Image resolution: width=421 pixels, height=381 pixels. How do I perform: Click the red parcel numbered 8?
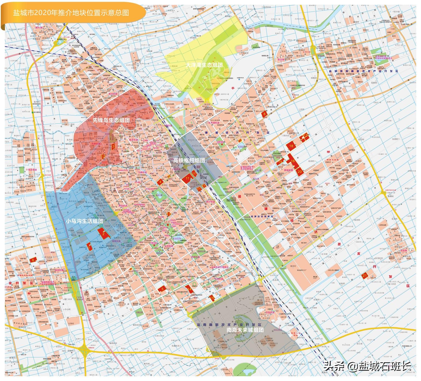click(264, 114)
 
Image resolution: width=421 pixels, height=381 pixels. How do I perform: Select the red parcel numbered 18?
click(291, 146)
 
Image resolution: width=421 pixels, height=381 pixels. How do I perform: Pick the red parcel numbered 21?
click(365, 276)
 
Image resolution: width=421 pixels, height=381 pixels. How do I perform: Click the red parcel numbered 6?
click(33, 260)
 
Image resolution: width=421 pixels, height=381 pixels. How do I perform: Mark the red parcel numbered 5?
click(162, 289)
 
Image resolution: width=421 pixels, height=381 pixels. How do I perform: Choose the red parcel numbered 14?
click(190, 289)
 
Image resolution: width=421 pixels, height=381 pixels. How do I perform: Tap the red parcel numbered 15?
click(212, 298)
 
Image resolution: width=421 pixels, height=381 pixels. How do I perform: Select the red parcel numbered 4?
click(160, 182)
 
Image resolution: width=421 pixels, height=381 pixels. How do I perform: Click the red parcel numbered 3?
click(113, 146)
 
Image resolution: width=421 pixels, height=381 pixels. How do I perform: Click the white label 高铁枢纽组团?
click(189, 160)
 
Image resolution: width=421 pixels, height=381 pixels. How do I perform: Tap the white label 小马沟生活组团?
click(84, 221)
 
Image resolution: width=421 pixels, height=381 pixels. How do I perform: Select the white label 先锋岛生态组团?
click(111, 120)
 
